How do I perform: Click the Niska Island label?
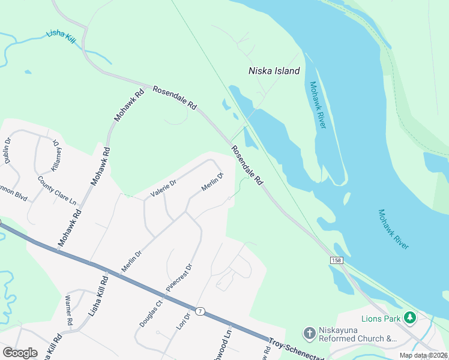click(274, 71)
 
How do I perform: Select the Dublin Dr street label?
click(8, 151)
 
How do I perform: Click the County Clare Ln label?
click(58, 190)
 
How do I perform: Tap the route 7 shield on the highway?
click(200, 311)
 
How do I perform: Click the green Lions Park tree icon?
click(410, 317)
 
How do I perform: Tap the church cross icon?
click(309, 333)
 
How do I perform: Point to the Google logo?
click(20, 353)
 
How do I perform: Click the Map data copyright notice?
click(423, 355)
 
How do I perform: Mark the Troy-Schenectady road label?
click(294, 349)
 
